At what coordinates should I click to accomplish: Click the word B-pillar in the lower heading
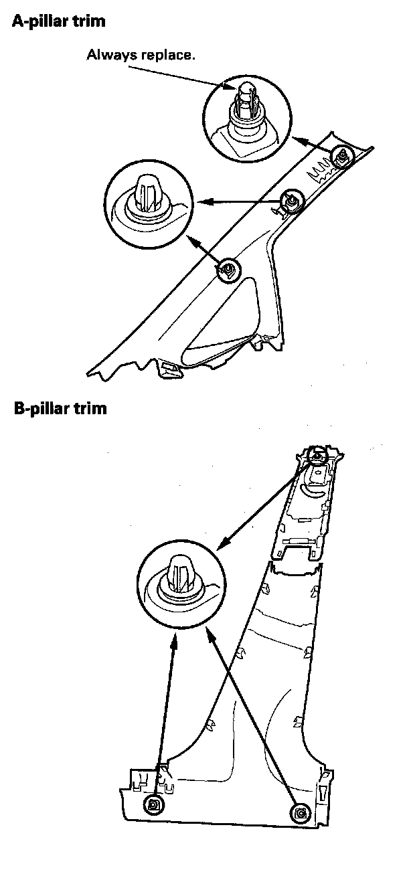click(x=39, y=408)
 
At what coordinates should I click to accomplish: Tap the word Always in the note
click(x=108, y=55)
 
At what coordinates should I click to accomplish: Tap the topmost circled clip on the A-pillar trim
click(x=341, y=157)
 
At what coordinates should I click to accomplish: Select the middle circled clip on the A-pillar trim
click(x=292, y=199)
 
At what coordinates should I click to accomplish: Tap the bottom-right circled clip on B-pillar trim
click(x=299, y=812)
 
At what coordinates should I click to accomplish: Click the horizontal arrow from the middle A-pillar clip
click(x=241, y=200)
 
